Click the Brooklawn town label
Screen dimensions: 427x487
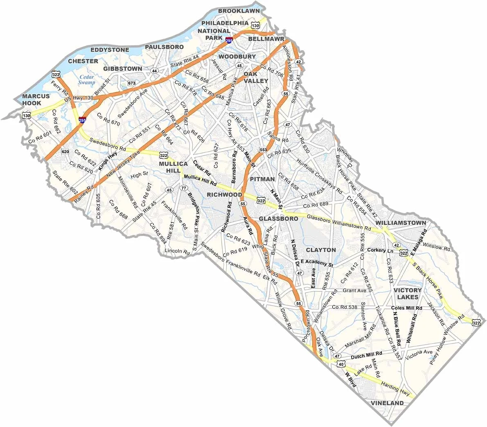coord(237,11)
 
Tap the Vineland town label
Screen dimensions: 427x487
coord(387,403)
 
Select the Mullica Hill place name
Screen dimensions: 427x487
coord(174,167)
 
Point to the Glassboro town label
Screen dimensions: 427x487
coord(278,219)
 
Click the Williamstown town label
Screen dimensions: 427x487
coord(401,223)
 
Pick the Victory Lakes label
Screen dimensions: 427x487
coord(408,293)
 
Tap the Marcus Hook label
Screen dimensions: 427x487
coord(36,100)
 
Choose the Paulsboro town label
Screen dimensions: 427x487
coord(164,47)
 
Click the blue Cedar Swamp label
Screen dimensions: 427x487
coord(87,79)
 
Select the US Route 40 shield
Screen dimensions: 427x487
coord(340,364)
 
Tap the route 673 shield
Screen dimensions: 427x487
coord(131,83)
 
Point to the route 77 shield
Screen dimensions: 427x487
coord(184,188)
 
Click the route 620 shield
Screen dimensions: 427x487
coord(65,152)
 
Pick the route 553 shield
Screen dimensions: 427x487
coord(263,150)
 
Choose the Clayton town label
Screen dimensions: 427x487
coord(321,250)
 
